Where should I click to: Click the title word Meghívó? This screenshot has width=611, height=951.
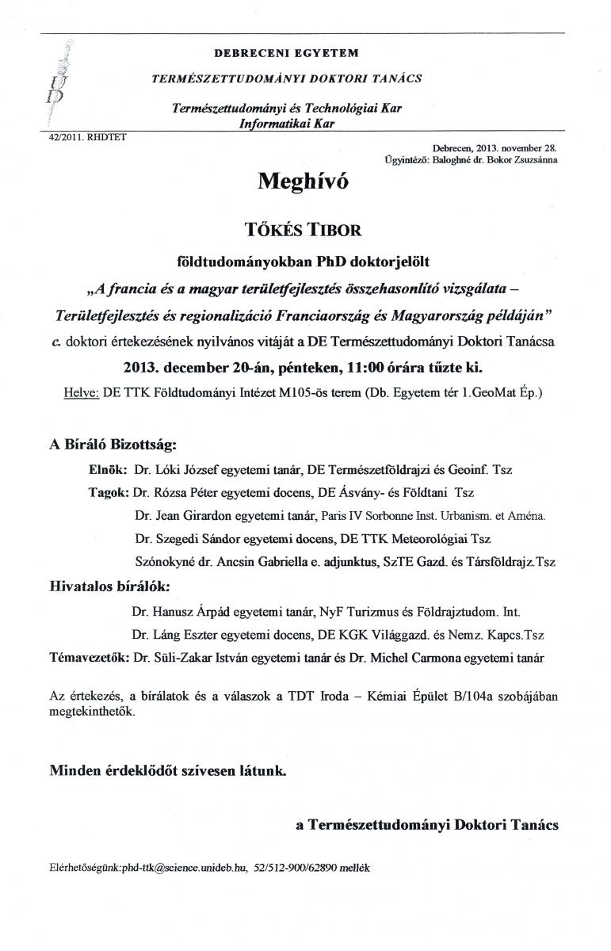(302, 181)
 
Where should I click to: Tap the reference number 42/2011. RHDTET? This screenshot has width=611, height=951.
(81, 136)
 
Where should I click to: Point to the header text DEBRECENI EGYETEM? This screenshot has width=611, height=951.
(286, 53)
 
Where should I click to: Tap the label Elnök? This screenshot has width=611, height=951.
(108, 470)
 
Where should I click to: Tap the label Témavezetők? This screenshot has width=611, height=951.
(90, 657)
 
